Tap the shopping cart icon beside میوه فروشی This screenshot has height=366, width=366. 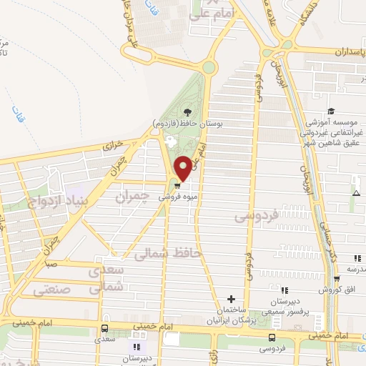(x=177, y=182)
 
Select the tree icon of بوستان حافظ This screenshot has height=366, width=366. (x=187, y=112)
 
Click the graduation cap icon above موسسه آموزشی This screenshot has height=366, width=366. (x=330, y=112)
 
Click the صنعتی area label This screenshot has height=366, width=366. (x=53, y=290)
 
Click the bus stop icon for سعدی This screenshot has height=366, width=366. (x=106, y=328)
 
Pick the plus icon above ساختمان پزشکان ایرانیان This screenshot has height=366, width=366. (x=230, y=298)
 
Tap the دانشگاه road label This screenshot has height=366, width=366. (x=309, y=16)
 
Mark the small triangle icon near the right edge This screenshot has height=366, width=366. (x=356, y=193)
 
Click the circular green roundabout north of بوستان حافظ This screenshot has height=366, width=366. (x=208, y=68)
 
